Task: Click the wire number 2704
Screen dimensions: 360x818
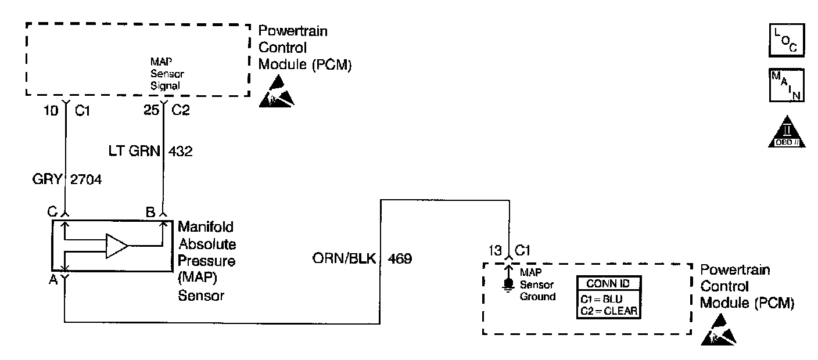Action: pyautogui.click(x=86, y=180)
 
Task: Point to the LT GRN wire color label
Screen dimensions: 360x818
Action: pyautogui.click(x=135, y=152)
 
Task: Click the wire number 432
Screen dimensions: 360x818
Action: pyautogui.click(x=180, y=152)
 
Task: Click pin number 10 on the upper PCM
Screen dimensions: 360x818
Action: pyautogui.click(x=52, y=109)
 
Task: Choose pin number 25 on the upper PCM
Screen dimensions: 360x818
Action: pyautogui.click(x=151, y=109)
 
